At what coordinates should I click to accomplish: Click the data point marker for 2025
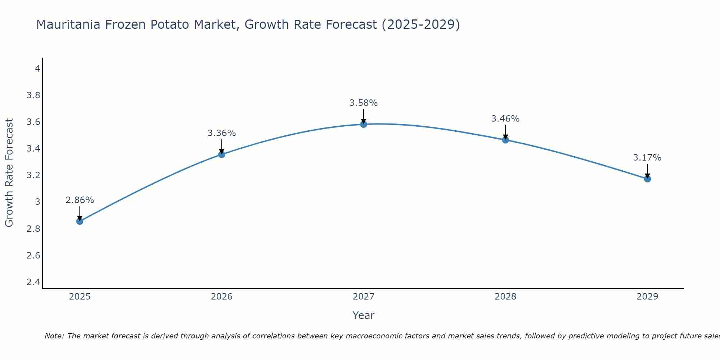tap(80, 221)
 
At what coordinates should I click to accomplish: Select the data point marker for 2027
tap(364, 124)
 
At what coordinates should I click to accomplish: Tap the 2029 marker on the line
tap(647, 179)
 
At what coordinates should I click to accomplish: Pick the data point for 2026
tap(222, 154)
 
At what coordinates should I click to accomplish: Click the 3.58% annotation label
tap(364, 103)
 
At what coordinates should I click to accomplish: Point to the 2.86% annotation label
tap(80, 200)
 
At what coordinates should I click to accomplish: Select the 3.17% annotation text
tap(647, 158)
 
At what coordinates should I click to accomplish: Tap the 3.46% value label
tap(505, 119)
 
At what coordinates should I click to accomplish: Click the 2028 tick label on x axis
tap(505, 297)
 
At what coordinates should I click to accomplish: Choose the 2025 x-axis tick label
tap(80, 297)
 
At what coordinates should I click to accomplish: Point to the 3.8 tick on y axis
tap(33, 95)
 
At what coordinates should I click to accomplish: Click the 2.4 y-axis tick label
tap(33, 282)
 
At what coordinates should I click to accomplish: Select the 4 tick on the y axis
tap(37, 68)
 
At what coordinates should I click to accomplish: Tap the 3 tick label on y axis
tap(37, 202)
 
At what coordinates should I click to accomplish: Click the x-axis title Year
tap(364, 315)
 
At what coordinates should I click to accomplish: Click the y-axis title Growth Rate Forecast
tap(9, 173)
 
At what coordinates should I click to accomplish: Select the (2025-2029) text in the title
tap(421, 24)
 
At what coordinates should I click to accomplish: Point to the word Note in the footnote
tap(54, 336)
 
